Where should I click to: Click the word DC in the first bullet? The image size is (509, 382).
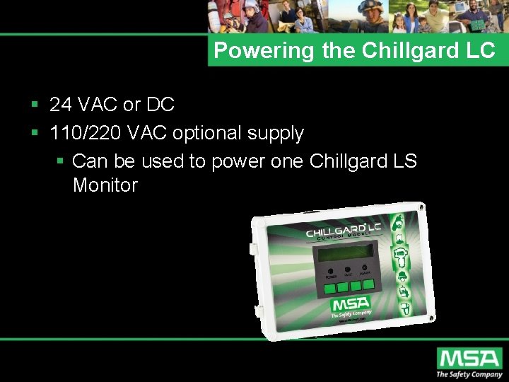click(x=160, y=105)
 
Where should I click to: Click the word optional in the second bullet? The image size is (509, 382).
click(x=206, y=133)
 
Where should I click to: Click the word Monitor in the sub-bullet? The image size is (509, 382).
click(x=105, y=186)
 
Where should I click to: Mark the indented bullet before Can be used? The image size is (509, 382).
click(x=60, y=161)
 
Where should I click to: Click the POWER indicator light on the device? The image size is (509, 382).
click(x=330, y=270)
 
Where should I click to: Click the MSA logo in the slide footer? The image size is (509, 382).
click(x=469, y=358)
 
